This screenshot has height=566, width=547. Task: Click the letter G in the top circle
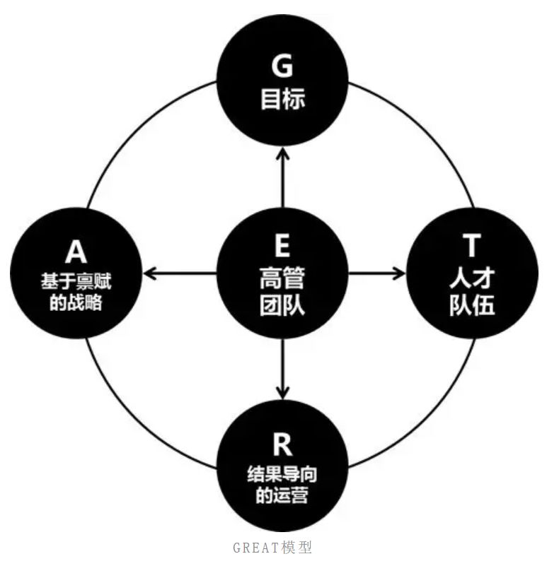[x=282, y=65]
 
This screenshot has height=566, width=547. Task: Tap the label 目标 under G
[x=283, y=99]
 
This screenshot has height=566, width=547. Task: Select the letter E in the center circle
[x=282, y=244]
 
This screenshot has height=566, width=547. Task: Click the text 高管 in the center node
[x=282, y=278]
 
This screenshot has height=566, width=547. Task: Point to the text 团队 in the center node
[x=282, y=305]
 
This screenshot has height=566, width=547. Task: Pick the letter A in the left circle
[x=76, y=252]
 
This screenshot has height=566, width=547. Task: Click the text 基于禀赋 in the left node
[x=76, y=281]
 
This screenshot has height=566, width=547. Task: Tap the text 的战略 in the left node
[x=76, y=302]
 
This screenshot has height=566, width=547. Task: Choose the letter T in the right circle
[x=471, y=244]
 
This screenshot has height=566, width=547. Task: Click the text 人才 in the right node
[x=472, y=278]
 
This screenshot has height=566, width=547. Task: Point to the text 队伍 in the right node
[x=472, y=305]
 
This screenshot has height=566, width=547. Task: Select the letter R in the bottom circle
[x=282, y=444]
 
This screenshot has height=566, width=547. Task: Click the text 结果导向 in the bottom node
[x=282, y=474]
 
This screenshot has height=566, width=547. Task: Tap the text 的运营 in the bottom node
[x=282, y=495]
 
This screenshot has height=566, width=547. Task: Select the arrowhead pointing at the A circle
[x=150, y=273]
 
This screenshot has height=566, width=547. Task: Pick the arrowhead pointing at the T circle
[x=399, y=273]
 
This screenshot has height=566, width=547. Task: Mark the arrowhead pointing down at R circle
[x=282, y=393]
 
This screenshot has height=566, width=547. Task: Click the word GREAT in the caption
[x=256, y=548]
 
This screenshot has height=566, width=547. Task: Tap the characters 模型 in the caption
[x=296, y=548]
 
